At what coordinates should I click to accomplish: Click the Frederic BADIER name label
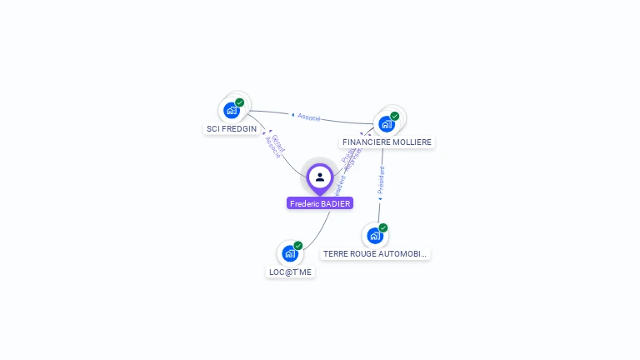320,203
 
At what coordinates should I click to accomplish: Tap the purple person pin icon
320,177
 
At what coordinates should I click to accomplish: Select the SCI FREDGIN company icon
232,110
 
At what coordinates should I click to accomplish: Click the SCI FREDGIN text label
232,129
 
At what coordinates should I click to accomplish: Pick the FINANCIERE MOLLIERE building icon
386,124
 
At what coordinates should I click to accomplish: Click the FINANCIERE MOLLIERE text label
387,142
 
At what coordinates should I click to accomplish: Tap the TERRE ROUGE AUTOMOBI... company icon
375,236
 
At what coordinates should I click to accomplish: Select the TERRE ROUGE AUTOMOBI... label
375,253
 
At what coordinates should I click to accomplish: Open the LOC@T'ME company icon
290,253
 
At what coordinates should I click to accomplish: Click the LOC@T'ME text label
290,272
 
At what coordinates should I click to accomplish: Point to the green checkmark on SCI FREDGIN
240,102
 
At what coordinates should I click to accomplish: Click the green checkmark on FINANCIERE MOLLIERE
395,116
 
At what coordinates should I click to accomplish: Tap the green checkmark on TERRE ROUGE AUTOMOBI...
383,227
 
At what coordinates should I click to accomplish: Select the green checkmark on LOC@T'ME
298,246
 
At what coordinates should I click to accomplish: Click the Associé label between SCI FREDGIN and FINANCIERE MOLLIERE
308,117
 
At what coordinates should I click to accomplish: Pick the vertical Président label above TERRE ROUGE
381,180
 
